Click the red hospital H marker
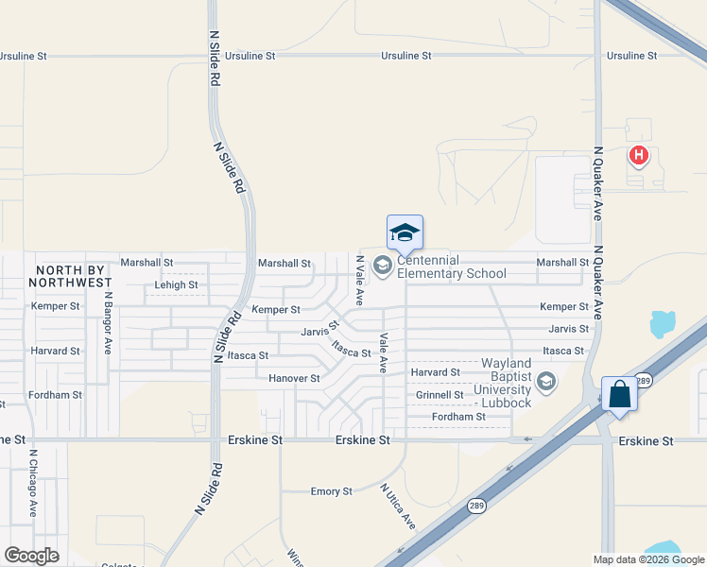639,155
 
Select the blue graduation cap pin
405,232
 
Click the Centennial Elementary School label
452,267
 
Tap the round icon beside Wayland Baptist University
545,382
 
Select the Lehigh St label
176,284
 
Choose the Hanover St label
294,378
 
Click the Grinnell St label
440,395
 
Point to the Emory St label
332,491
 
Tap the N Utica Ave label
398,506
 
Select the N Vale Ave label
359,280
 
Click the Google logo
31,555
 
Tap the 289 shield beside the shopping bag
642,381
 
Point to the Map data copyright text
647,559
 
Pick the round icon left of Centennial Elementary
383,266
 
